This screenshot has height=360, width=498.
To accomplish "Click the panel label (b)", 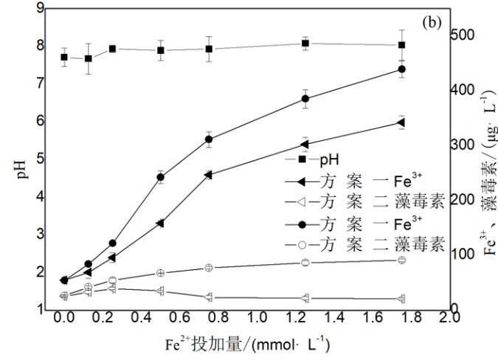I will coord(432,21).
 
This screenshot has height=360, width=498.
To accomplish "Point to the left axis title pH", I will coord(22,157).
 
